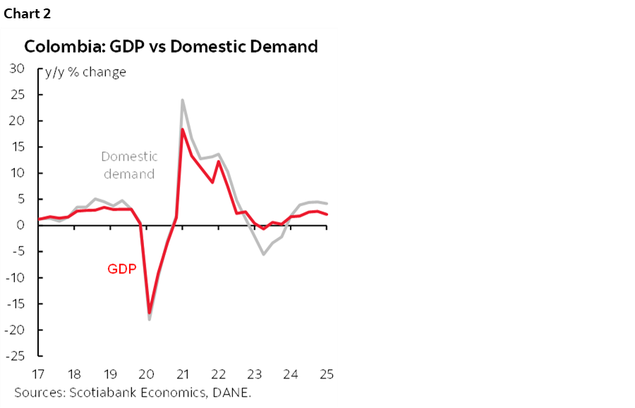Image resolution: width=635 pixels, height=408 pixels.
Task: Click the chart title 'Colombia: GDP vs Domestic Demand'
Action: [x=171, y=47]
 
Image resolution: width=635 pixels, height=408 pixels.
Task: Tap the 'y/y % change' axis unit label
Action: [x=85, y=72]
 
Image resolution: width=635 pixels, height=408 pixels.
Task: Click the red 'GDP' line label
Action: [x=121, y=268]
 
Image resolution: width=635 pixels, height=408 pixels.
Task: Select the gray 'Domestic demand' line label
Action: [x=129, y=165]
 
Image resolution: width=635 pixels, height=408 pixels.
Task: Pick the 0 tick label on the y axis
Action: [x=21, y=225]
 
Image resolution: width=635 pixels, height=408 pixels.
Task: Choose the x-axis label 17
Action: [x=40, y=373]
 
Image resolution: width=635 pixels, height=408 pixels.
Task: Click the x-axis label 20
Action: [x=147, y=373]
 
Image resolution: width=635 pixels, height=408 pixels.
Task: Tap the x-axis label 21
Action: [x=183, y=373]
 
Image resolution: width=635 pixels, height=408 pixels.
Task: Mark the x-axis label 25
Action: [x=327, y=373]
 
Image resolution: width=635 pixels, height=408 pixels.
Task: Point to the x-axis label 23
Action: [x=255, y=373]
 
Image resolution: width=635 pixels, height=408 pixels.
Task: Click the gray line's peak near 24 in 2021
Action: [x=183, y=100]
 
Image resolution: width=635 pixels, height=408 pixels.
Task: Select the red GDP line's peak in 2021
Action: [x=183, y=129]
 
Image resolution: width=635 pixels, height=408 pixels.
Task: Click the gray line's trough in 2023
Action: [x=264, y=254]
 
